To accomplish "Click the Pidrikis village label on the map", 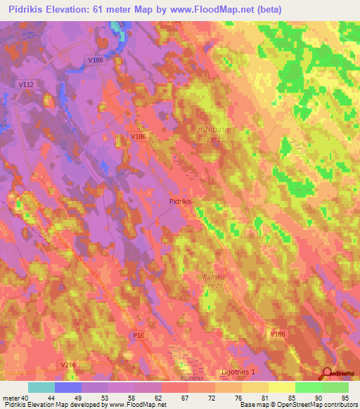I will click(x=181, y=200).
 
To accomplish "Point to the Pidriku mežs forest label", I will click(x=212, y=281).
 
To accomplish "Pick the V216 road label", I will click(x=68, y=365).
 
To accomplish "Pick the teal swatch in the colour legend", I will click(x=41, y=387).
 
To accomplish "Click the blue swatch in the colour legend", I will click(x=68, y=387).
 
